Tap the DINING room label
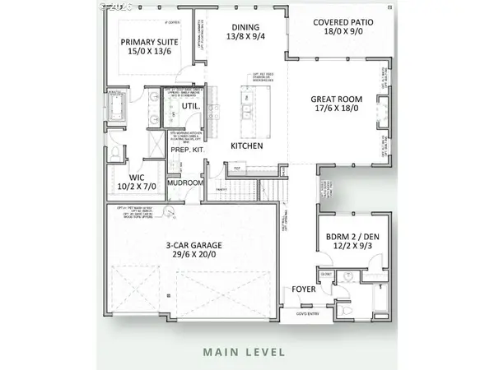245,25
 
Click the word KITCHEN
246,146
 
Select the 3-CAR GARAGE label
193,244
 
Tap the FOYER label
294,290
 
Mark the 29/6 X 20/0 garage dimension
193,255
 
